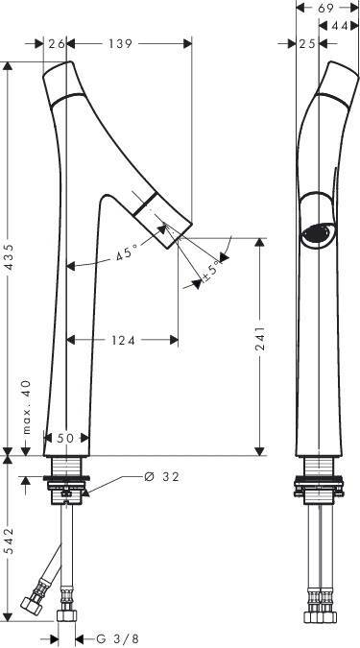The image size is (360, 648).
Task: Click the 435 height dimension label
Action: [x=9, y=258]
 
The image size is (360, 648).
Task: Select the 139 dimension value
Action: [x=120, y=43]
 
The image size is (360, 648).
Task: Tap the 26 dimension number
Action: [x=57, y=43]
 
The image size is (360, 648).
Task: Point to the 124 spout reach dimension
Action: [x=123, y=340]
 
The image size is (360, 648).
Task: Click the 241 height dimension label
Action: [x=259, y=338]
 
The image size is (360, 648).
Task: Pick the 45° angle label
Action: [x=127, y=252]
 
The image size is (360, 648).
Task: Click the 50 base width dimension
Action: [x=65, y=438]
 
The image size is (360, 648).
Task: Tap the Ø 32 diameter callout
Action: [x=161, y=477]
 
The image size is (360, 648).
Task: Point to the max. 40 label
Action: [x=26, y=407]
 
